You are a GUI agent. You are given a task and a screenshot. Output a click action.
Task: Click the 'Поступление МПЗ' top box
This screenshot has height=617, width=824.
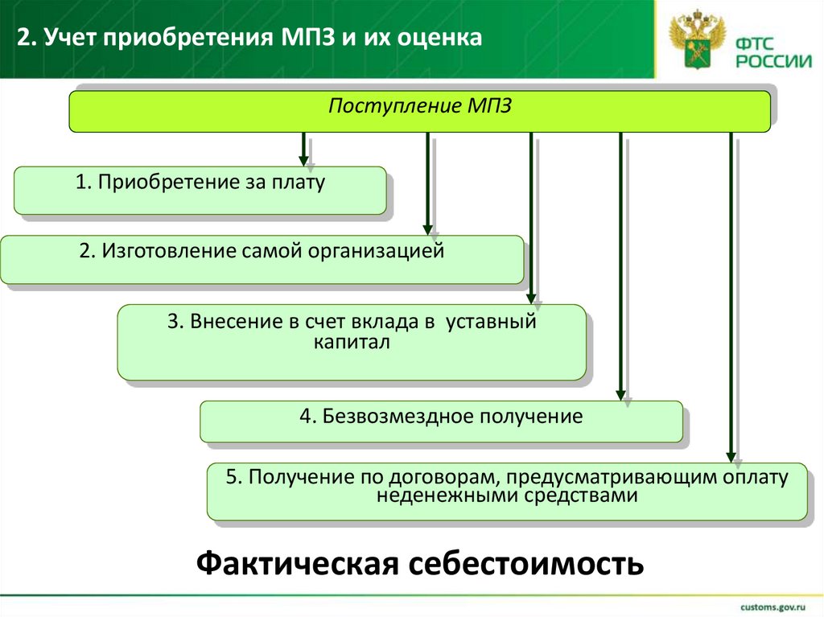click(419, 111)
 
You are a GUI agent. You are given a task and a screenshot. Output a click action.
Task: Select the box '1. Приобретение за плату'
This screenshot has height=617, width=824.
click(200, 190)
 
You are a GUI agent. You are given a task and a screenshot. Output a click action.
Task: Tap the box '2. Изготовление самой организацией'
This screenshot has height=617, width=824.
click(262, 259)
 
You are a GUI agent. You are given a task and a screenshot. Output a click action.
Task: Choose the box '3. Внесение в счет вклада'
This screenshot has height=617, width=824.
click(352, 342)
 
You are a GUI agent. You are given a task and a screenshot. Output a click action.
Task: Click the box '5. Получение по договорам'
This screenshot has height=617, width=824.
click(507, 491)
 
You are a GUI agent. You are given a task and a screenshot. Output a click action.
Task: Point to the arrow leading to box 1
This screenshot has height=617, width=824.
click(303, 149)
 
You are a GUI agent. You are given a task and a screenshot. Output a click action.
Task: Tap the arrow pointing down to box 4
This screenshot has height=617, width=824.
click(620, 265)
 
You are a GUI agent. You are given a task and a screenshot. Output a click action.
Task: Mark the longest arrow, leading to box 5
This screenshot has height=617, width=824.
click(731, 298)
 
